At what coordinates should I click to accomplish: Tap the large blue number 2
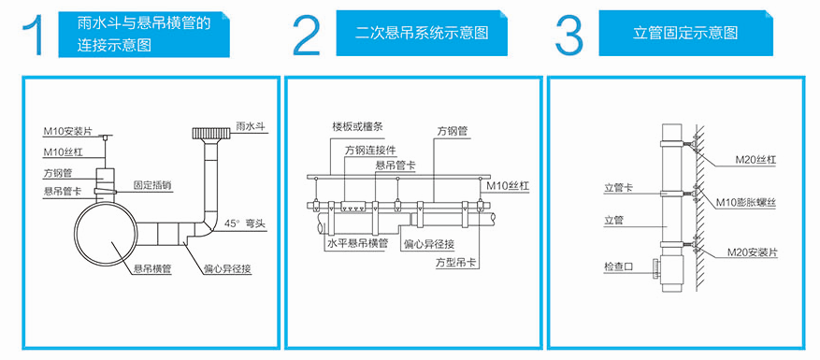306,35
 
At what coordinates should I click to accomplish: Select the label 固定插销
152,184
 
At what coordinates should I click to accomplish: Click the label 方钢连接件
372,150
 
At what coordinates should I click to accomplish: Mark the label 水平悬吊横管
356,242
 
